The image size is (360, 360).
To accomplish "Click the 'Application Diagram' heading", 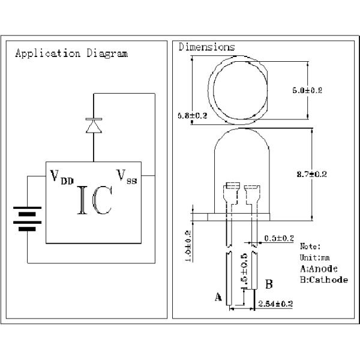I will pos(71,53).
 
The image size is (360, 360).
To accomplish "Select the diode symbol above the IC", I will pos(93,126).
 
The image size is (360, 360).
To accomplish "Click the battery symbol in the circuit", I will pos(27,220).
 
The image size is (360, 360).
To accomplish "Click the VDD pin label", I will pos(61,177).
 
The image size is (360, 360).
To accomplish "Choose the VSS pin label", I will pos(127,176).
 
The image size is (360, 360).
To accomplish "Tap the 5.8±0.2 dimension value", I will pos(192,115).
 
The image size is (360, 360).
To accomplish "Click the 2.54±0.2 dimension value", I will pos(275,304).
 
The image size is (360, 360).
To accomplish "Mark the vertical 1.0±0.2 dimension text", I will pos(188,246).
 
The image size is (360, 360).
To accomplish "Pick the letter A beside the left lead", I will pos(218,296).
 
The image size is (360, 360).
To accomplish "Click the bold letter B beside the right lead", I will pos(269,284).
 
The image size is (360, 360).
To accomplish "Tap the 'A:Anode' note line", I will pos(319,268).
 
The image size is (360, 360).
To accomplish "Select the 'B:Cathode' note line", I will pos(323,280).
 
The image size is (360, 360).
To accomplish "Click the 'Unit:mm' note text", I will pos(315,257).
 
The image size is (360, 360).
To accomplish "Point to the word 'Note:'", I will pos(310,246).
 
